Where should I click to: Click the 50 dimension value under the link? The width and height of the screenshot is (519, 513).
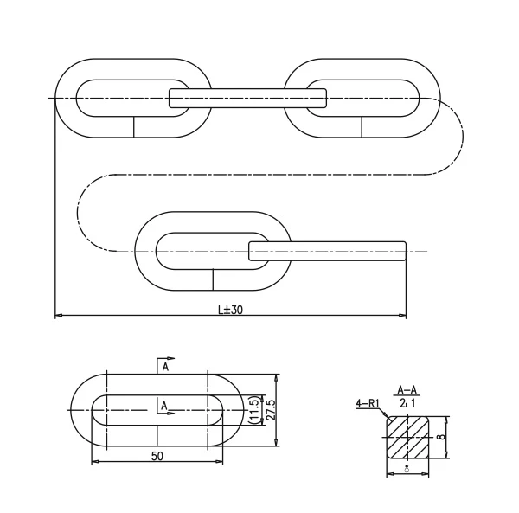pos(157,454)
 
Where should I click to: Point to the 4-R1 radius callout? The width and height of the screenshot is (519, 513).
pos(367,403)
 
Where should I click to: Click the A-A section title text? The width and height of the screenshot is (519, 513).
pos(407,390)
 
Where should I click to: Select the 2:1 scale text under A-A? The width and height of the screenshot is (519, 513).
pos(407,403)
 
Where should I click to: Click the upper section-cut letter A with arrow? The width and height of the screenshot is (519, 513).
pos(164,366)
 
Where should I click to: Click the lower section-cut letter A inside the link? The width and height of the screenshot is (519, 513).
pos(163,405)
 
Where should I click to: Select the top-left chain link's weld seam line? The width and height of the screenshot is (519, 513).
pos(133,126)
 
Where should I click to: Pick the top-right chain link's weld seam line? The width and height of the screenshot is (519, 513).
pos(362,126)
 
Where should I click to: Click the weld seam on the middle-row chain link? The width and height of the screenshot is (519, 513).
pos(213,279)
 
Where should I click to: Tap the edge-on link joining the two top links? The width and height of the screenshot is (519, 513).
pos(248,98)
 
